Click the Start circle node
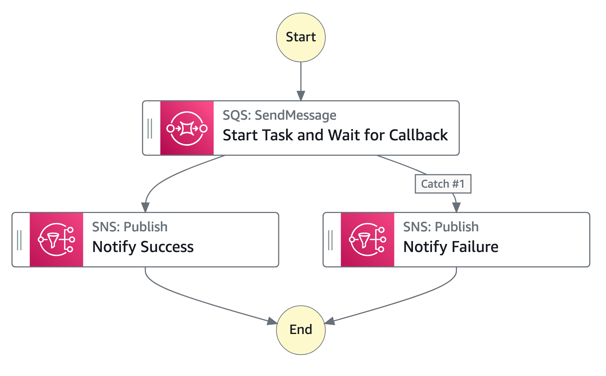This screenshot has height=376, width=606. click(x=301, y=37)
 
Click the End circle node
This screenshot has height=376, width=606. click(x=301, y=330)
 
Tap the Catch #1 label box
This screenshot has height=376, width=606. click(x=443, y=184)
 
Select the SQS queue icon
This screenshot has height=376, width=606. click(x=187, y=128)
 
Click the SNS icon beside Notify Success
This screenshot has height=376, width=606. click(x=56, y=239)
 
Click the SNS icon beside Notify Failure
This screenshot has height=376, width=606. click(x=367, y=239)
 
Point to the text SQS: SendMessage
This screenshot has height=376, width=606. click(x=279, y=115)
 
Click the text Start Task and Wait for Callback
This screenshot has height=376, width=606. click(x=335, y=135)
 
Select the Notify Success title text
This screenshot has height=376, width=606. click(x=143, y=247)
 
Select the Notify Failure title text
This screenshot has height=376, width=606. click(x=451, y=247)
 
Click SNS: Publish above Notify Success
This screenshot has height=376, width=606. click(x=130, y=227)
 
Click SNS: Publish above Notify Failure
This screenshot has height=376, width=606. click(x=441, y=227)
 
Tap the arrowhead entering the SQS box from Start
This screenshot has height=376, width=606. click(x=301, y=96)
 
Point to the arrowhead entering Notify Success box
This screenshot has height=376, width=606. click(x=145, y=207)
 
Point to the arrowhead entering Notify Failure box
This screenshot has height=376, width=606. click(x=456, y=207)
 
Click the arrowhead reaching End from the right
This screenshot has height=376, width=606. click(x=329, y=322)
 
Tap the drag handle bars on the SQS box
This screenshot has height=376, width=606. click(x=150, y=128)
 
